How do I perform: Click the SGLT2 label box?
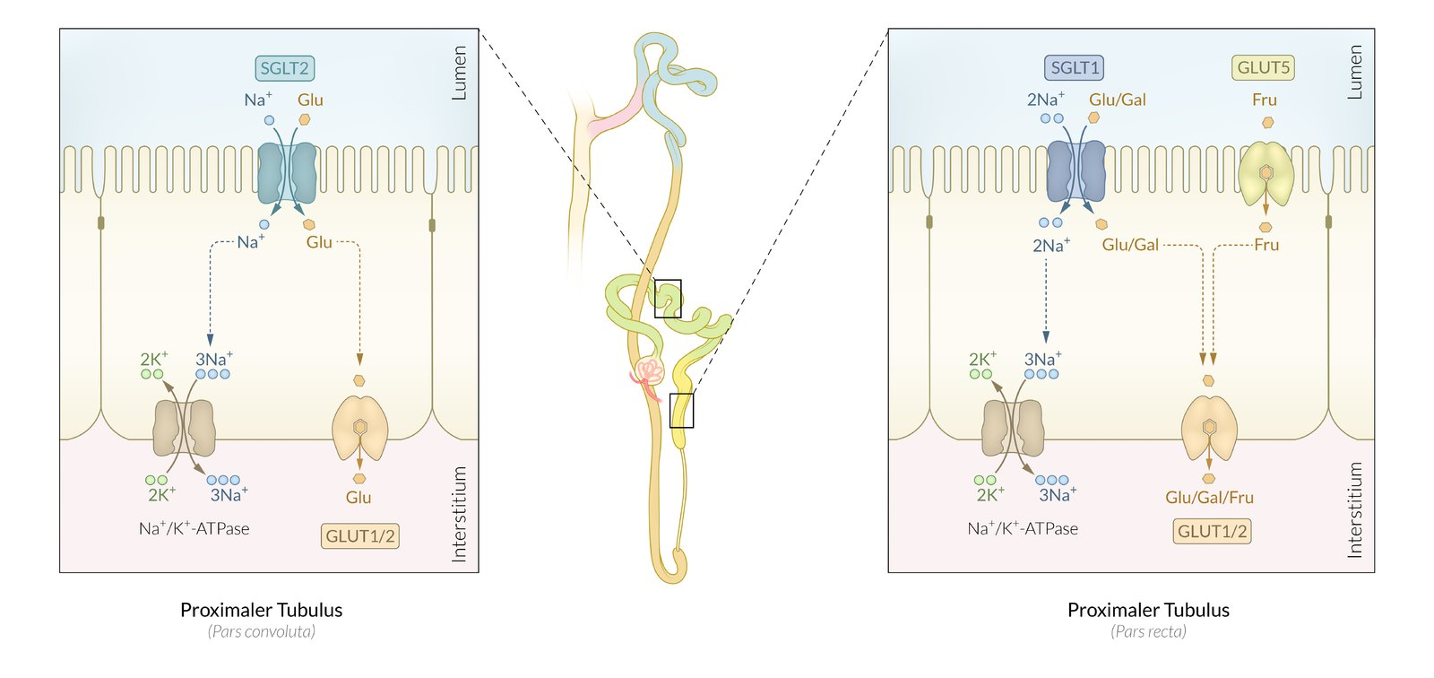point(285,68)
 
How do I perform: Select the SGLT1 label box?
point(1074,68)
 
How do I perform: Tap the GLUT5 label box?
point(1263,68)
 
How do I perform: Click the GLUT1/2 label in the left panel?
point(360,536)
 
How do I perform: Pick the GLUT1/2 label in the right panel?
point(1212,531)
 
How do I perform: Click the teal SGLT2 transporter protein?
point(287,172)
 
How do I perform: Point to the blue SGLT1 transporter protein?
point(1075,170)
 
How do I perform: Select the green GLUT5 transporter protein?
point(1266,172)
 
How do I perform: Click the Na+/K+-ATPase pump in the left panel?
point(185,428)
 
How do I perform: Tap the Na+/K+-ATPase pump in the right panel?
point(1013,428)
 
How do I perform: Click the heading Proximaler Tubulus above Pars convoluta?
point(261,610)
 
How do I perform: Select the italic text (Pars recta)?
point(1148,631)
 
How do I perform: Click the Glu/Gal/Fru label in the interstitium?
point(1209,498)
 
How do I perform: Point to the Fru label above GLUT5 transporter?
point(1265,100)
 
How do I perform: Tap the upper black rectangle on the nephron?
point(668,299)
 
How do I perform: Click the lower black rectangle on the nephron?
point(681,410)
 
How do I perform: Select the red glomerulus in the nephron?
point(648,371)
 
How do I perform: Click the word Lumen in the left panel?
point(459,73)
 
